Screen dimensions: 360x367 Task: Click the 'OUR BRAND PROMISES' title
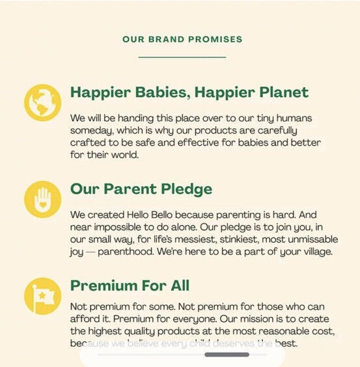[182, 39]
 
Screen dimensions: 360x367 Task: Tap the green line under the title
[182, 57]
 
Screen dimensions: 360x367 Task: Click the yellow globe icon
[42, 103]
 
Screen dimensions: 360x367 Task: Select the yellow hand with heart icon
[42, 199]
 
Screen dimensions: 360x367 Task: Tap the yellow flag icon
[42, 296]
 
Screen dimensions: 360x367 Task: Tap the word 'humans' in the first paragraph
[294, 118]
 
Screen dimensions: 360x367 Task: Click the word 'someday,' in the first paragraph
[92, 131]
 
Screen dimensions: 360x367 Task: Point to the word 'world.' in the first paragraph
[125, 155]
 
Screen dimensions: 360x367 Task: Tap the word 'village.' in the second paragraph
[318, 252]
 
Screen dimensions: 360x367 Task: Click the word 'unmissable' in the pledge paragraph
[312, 239]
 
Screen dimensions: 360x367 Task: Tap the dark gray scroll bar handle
[227, 355]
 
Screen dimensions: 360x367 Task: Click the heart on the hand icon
[43, 205]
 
